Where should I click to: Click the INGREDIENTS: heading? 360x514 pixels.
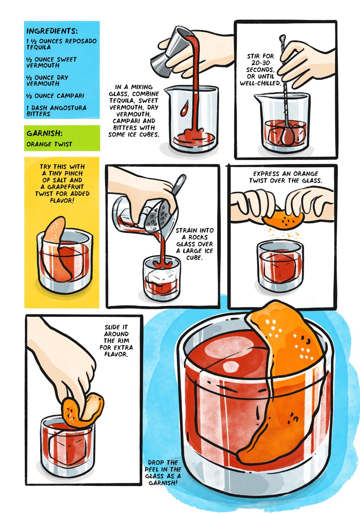click(52, 31)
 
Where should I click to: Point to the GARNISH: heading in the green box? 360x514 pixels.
click(44, 133)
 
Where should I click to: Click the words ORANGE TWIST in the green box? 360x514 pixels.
click(49, 144)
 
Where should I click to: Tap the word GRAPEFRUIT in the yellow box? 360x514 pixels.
click(65, 187)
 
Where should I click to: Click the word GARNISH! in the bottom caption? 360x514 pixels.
click(163, 483)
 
